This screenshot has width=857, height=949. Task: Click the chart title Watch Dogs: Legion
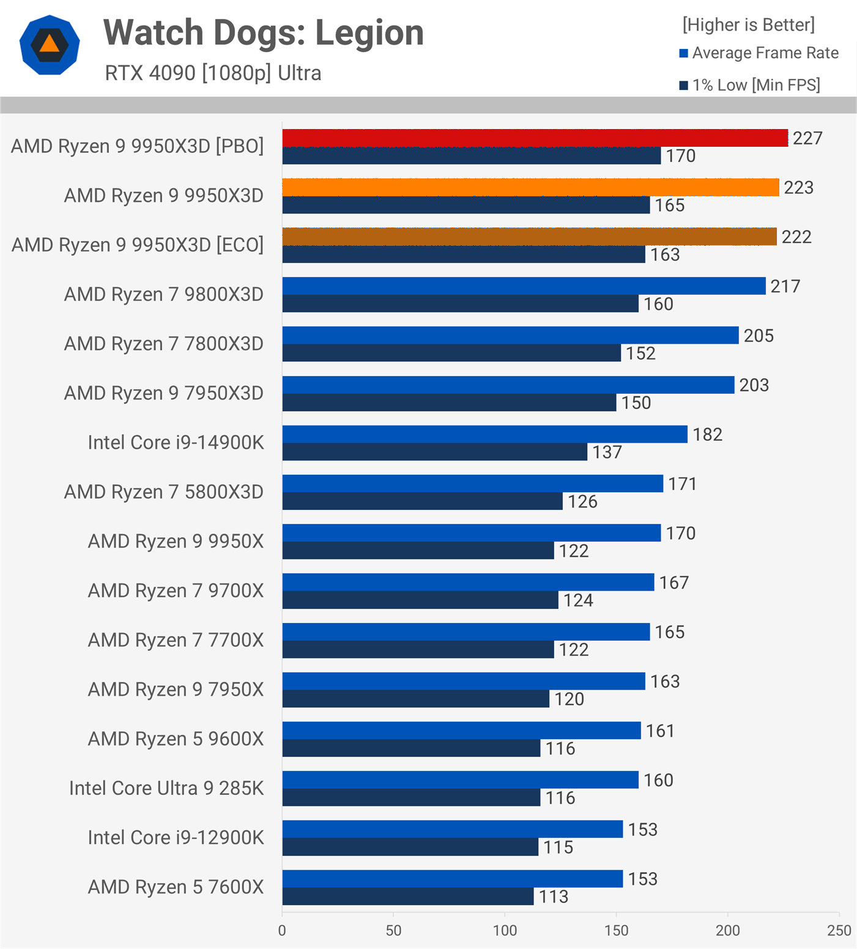click(264, 33)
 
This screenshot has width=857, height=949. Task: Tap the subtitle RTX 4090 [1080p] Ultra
click(213, 73)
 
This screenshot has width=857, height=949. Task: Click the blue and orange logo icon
click(50, 45)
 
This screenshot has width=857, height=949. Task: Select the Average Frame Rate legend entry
click(765, 53)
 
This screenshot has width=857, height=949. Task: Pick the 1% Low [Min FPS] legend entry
click(755, 85)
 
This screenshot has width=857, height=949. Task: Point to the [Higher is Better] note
click(748, 25)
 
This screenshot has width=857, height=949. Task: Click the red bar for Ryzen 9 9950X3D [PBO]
click(535, 138)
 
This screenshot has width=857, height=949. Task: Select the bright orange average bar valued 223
click(530, 188)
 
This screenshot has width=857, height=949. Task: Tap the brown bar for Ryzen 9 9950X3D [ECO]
click(529, 237)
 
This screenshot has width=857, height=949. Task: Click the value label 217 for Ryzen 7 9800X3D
click(785, 286)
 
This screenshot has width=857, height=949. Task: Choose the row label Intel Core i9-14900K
click(176, 442)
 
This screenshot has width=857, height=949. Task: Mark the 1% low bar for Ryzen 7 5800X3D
click(422, 501)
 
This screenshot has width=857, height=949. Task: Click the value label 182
click(708, 435)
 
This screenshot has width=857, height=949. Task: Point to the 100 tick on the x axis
click(505, 930)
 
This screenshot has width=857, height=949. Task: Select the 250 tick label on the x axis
click(839, 930)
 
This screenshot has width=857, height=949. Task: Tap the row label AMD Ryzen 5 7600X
click(176, 887)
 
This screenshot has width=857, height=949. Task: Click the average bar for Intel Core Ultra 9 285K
click(460, 780)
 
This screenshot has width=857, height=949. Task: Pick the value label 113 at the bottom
click(554, 896)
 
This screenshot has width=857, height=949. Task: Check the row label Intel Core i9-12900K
click(176, 837)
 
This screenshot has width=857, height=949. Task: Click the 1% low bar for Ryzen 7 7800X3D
click(451, 353)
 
